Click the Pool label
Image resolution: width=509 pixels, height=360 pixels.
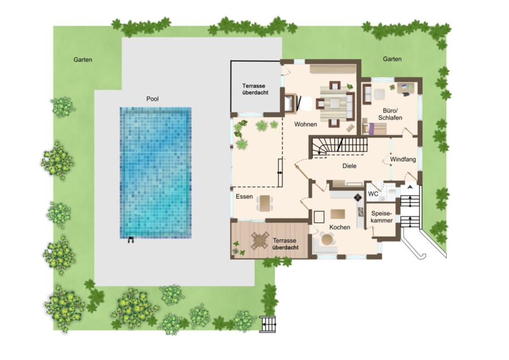(152, 98)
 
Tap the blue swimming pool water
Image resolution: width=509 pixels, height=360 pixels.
(156, 173)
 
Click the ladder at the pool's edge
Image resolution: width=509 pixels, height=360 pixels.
(131, 240)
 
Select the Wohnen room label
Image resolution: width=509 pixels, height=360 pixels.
(305, 124)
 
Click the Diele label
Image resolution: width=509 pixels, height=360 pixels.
(350, 166)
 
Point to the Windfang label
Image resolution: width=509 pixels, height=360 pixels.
(403, 160)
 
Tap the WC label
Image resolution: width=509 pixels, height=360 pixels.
(373, 194)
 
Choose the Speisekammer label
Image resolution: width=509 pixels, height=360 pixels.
(382, 217)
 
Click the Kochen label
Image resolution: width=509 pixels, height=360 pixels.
(339, 228)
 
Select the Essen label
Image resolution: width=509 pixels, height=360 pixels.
(244, 196)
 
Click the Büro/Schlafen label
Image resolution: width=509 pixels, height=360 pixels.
(390, 114)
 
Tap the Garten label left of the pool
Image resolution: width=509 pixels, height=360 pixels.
(83, 60)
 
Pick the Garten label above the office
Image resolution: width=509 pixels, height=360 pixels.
(392, 59)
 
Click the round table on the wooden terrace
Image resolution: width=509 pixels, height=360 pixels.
(260, 241)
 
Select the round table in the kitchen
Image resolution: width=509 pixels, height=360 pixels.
(327, 240)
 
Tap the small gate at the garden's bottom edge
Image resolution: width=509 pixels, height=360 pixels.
(269, 324)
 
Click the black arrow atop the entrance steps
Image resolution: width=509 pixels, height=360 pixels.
(410, 187)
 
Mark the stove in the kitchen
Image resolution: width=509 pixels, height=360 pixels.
(358, 198)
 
